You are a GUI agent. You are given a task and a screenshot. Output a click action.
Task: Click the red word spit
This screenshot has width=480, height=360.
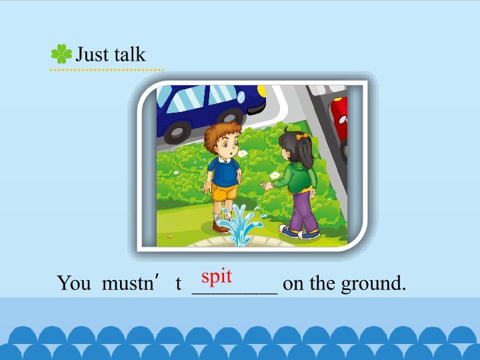point(217,275)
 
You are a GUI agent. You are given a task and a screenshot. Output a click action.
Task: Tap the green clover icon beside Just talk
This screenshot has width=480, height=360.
point(61,54)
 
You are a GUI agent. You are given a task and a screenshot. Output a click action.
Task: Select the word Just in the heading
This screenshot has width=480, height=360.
point(93,54)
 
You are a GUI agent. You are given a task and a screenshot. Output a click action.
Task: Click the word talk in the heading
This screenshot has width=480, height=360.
point(129,54)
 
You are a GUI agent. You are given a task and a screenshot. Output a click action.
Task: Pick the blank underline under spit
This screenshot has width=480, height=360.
point(234,291)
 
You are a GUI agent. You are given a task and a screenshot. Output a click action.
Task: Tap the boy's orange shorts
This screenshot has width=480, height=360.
point(225,192)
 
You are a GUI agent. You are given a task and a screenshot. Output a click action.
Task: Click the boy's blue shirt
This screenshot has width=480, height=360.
point(223,171)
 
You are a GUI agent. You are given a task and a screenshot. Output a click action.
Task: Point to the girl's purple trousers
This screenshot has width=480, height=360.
point(301,210)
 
